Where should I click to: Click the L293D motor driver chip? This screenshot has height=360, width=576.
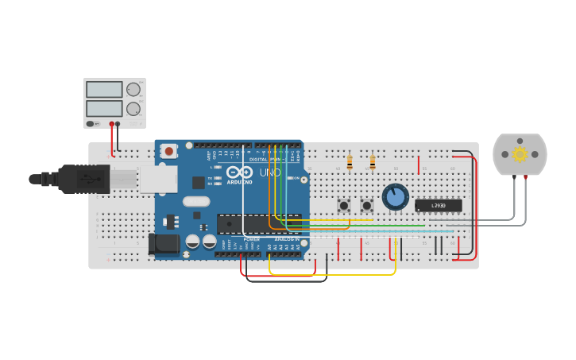click(438, 206)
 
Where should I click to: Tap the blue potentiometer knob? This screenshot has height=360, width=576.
click(395, 196)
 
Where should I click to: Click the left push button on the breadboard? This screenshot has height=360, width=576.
click(343, 205)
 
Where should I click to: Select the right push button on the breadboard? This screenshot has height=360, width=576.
click(366, 205)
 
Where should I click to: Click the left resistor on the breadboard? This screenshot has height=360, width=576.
click(350, 162)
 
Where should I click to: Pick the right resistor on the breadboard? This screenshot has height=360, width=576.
click(372, 162)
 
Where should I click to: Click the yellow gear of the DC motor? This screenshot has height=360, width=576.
click(520, 153)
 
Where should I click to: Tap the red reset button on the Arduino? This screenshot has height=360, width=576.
click(169, 151)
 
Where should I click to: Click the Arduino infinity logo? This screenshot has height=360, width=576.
click(239, 172)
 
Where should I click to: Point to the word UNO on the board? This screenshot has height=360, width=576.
click(270, 172)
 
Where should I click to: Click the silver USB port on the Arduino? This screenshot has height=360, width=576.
click(158, 180)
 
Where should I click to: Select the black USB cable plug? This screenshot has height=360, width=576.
click(83, 179)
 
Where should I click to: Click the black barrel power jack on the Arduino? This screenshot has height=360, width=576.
click(164, 244)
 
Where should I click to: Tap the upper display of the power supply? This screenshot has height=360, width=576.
click(104, 90)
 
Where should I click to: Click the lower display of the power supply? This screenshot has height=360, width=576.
click(104, 108)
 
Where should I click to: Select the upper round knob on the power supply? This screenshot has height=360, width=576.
click(133, 90)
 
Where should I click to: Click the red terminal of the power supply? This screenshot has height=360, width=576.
click(111, 124)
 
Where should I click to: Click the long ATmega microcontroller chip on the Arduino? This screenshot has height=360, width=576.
click(259, 224)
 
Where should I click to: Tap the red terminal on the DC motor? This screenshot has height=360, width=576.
click(526, 176)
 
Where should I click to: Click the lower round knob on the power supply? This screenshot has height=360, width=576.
click(133, 109)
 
